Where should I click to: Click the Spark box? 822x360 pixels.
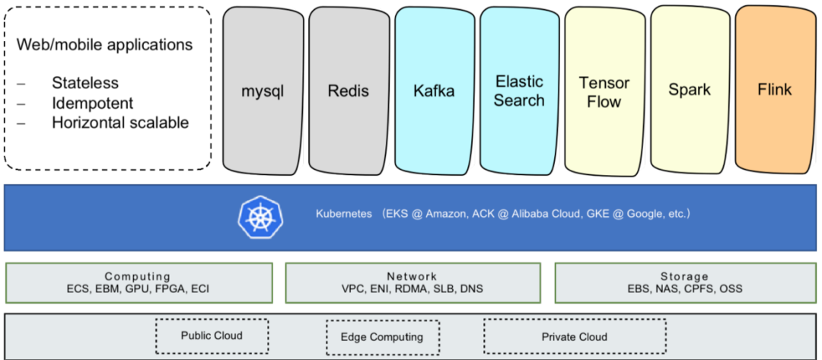[690, 90]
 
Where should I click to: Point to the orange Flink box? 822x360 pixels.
[775, 90]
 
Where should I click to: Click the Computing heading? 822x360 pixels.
[138, 276]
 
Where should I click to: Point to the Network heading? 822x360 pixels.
[412, 276]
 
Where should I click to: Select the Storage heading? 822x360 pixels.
[684, 276]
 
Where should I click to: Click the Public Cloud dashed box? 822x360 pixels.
[212, 336]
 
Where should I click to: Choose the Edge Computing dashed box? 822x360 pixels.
[381, 337]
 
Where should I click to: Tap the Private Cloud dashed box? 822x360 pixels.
[575, 336]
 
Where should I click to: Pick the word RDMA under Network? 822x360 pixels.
[414, 289]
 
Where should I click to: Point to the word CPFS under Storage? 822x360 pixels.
[699, 289]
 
